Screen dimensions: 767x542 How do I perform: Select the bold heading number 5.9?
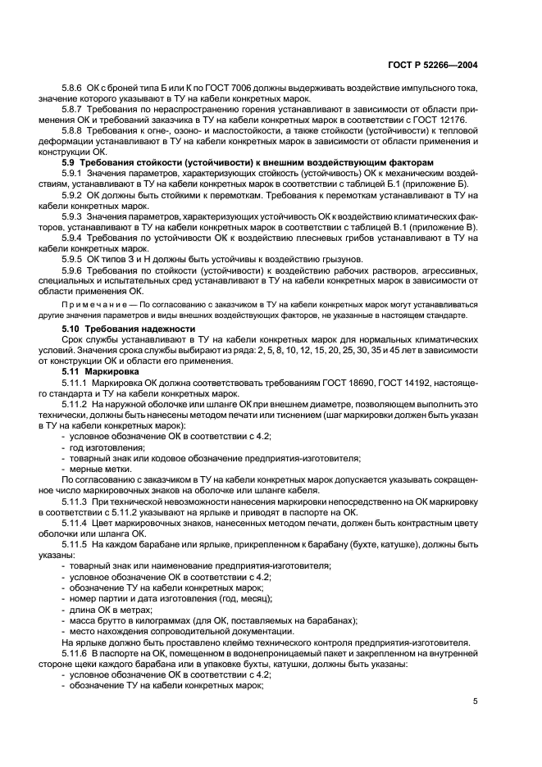[x=70, y=163]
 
